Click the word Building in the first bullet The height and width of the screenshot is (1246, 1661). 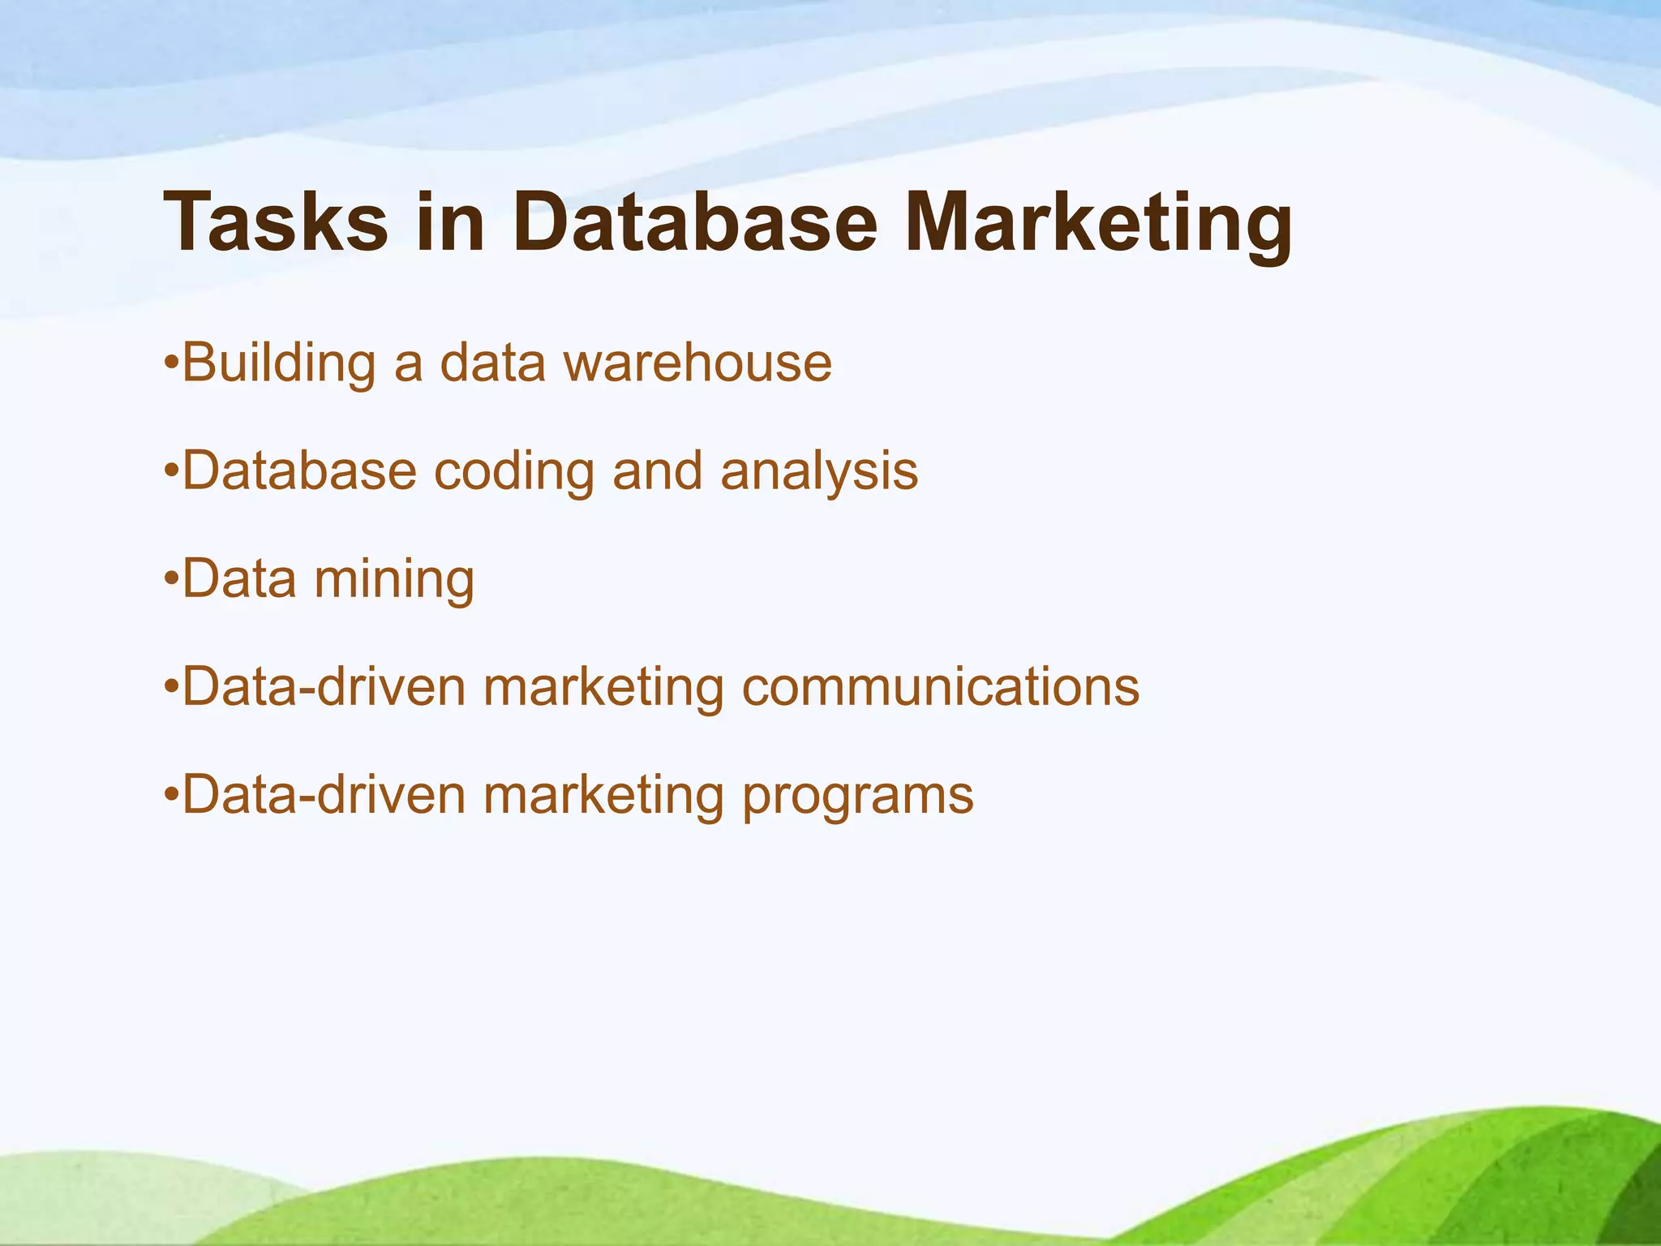(279, 363)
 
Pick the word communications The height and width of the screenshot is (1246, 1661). (941, 687)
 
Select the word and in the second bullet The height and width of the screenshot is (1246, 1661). (657, 470)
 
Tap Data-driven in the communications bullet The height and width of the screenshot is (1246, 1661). (324, 687)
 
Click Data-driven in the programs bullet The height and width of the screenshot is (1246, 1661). (324, 795)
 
